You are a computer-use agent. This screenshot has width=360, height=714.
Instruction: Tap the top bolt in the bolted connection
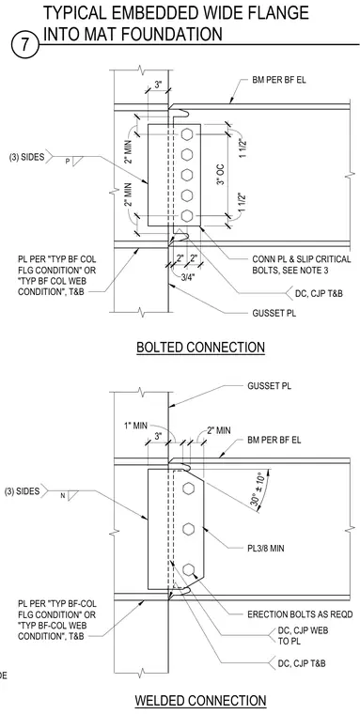pyautogui.click(x=187, y=134)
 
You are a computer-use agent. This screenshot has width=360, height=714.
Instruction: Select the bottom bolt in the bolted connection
pyautogui.click(x=187, y=215)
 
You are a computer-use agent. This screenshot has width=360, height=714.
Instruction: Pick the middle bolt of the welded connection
pyautogui.click(x=189, y=529)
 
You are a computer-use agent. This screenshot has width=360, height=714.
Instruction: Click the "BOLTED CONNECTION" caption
pyautogui.click(x=200, y=348)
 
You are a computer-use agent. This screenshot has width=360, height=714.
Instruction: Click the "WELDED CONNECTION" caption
pyautogui.click(x=200, y=701)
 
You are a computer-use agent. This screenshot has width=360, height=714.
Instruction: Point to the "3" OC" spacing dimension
pyautogui.click(x=222, y=176)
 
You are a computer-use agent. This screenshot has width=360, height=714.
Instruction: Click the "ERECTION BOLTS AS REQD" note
pyautogui.click(x=300, y=614)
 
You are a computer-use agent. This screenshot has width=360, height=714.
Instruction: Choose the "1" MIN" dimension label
pyautogui.click(x=135, y=426)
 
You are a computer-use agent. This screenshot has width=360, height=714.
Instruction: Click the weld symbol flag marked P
pyautogui.click(x=74, y=161)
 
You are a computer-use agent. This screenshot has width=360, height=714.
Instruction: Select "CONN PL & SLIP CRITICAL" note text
pyautogui.click(x=302, y=259)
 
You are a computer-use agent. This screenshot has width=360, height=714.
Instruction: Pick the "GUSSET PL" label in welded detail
pyautogui.click(x=270, y=386)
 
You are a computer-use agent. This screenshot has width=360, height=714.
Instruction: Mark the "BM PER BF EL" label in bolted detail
pyautogui.click(x=279, y=80)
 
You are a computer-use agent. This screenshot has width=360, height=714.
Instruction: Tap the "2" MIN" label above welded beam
pyautogui.click(x=218, y=430)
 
